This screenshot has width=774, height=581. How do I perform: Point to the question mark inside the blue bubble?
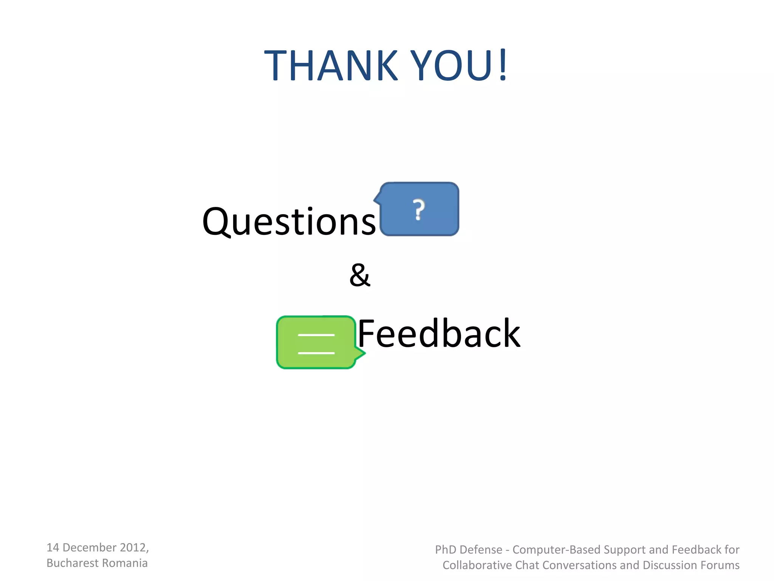click(418, 210)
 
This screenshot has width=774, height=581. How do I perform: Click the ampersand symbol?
click(360, 275)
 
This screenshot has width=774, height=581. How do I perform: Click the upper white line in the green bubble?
click(316, 335)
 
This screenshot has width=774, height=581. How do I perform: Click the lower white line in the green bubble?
click(316, 353)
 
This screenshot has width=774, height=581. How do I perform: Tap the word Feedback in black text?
click(439, 334)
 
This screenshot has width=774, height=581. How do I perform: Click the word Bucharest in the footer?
click(72, 563)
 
